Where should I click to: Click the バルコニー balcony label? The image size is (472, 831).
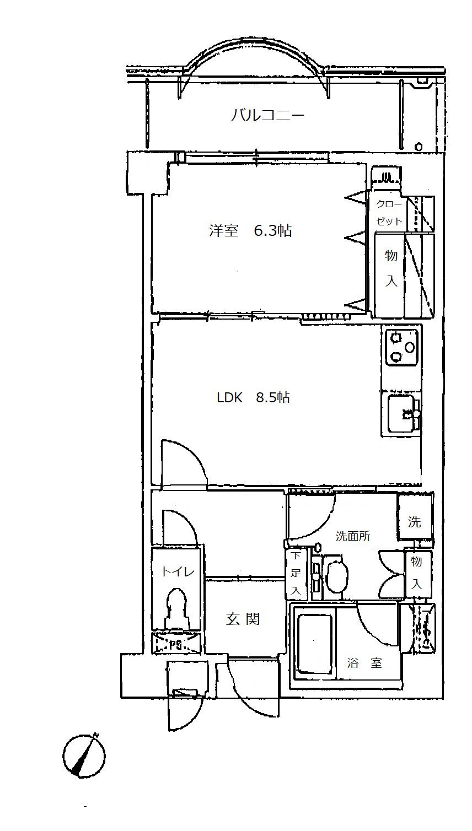tap(267, 115)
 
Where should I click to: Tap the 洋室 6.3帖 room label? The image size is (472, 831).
tap(250, 231)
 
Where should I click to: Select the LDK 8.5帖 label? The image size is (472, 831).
tap(253, 398)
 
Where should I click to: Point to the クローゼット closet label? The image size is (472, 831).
tap(389, 213)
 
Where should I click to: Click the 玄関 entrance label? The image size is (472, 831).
tap(243, 618)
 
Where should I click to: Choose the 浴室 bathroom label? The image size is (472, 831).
tap(364, 662)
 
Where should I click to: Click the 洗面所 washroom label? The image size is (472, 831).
tap(353, 536)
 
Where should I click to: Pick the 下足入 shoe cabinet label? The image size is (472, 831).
tap(296, 573)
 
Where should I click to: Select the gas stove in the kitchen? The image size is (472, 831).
tap(401, 347)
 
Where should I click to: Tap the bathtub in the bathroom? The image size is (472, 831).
tap(314, 644)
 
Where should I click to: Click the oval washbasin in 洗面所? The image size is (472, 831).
tap(337, 574)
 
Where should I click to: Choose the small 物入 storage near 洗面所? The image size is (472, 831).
tap(417, 573)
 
